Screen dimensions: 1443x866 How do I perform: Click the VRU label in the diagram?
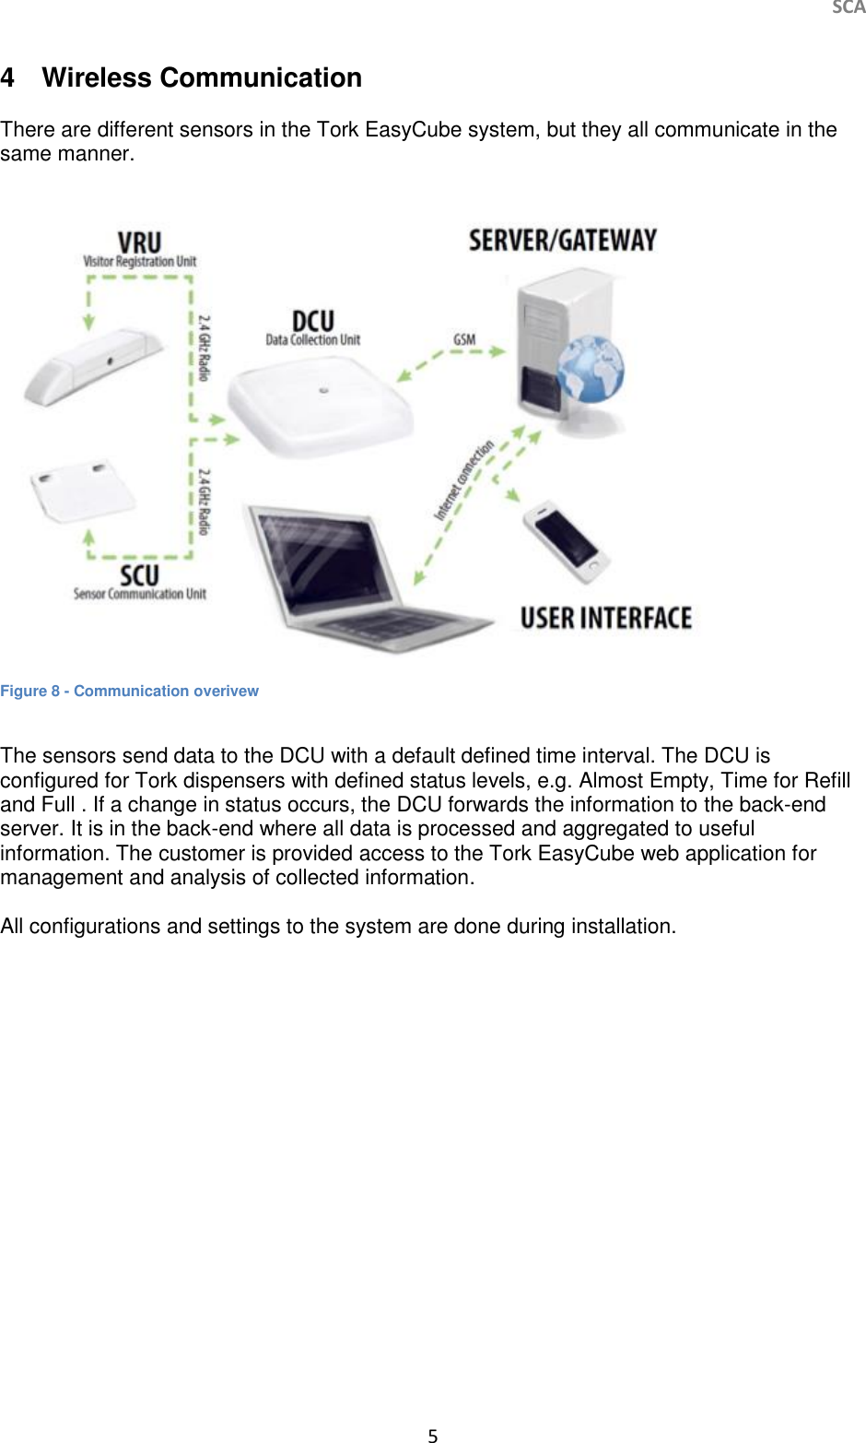[139, 243]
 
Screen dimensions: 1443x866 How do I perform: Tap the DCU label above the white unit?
[313, 322]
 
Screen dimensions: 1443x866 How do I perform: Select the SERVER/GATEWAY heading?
[563, 241]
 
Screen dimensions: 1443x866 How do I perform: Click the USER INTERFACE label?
[605, 618]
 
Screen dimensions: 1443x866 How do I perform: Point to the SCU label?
[140, 576]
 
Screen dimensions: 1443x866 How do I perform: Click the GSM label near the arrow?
[464, 339]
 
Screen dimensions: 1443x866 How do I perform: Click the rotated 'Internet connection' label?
[464, 479]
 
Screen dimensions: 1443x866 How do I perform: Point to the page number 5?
[433, 1435]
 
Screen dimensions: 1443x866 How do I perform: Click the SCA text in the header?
[848, 8]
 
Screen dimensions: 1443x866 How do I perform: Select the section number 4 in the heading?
[8, 78]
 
